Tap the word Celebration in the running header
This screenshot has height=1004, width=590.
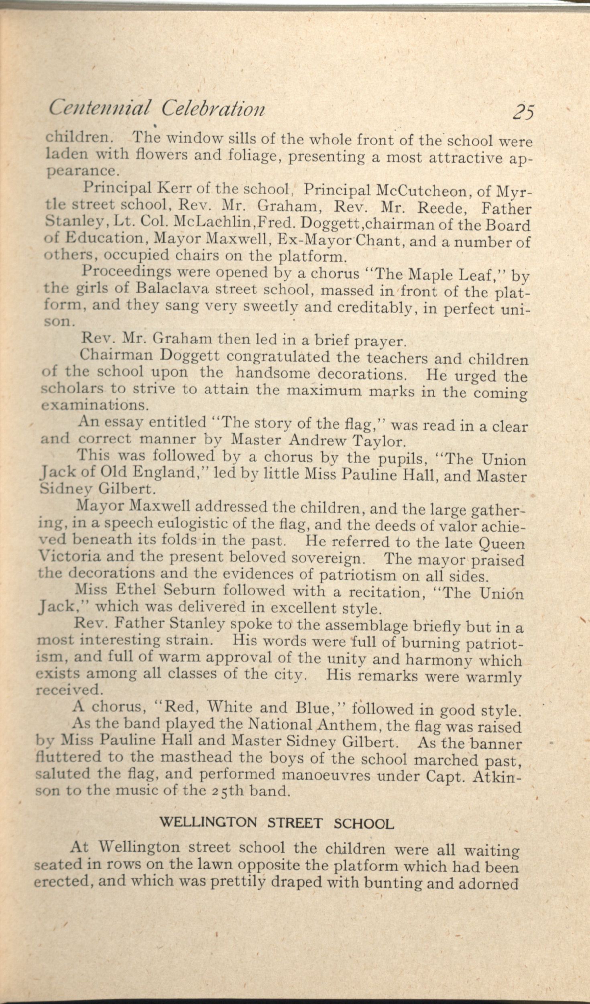tap(213, 108)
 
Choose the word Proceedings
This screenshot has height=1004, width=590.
tap(126, 272)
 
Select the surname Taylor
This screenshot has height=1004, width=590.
tap(379, 441)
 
